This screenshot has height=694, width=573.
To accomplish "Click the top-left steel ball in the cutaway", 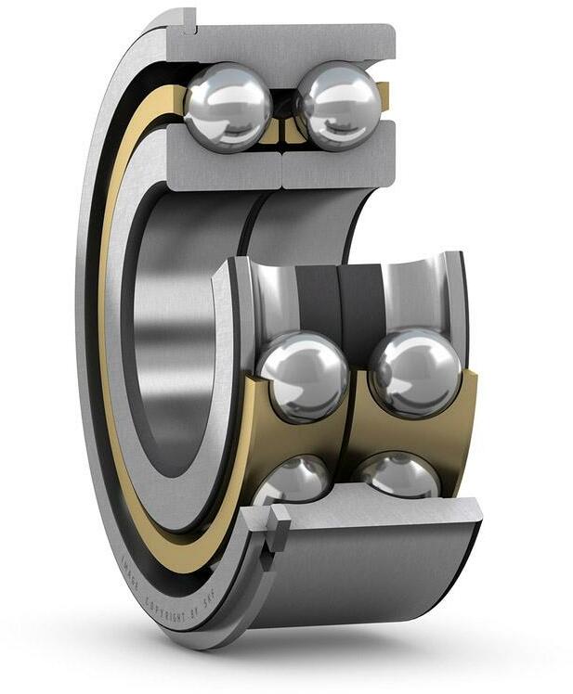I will (x=228, y=106).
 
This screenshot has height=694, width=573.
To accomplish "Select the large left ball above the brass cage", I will (x=303, y=375).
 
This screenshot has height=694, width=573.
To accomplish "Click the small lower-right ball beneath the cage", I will (x=400, y=476).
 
